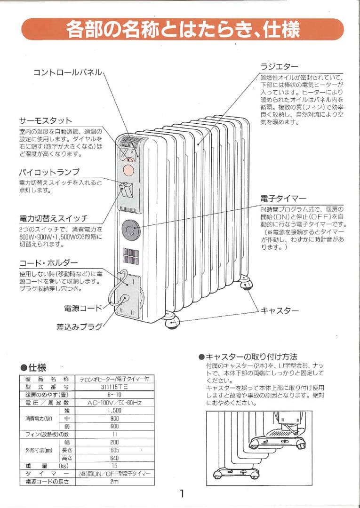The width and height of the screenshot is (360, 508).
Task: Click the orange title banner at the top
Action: coord(183,30)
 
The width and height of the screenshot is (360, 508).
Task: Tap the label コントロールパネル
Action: coord(67,72)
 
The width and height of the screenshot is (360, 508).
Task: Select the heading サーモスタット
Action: coord(45,121)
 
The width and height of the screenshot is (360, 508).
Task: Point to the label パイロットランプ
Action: coord(49,172)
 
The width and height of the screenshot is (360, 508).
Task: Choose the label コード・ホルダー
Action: coord(48,262)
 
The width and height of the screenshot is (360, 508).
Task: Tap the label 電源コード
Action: coord(83,308)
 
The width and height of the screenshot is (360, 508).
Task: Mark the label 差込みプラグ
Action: coord(79,326)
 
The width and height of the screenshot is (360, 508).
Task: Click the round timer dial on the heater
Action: coord(129,230)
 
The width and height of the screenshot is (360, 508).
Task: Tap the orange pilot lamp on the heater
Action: coord(128,168)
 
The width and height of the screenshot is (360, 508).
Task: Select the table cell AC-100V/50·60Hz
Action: coord(114,403)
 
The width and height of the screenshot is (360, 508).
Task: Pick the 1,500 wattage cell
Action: coord(114,411)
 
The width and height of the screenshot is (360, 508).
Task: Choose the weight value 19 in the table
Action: coord(114,466)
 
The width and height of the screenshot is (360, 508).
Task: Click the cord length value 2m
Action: coord(114,482)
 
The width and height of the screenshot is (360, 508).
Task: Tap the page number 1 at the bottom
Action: coord(182,493)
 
